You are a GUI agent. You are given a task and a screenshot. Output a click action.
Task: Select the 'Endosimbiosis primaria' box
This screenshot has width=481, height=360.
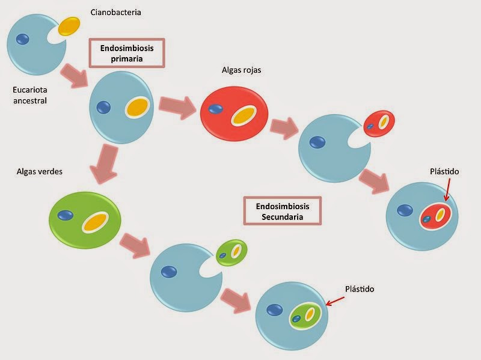pyautogui.click(x=126, y=53)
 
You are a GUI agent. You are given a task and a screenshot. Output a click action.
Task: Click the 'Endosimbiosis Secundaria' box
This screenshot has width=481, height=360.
pyautogui.click(x=283, y=211)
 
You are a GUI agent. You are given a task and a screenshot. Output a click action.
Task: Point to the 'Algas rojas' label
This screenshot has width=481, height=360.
pyautogui.click(x=241, y=70)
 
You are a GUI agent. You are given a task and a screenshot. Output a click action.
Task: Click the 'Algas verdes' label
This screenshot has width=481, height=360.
pyautogui.click(x=40, y=171)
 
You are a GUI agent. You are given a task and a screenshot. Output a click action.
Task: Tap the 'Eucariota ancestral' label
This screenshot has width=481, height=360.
pyautogui.click(x=30, y=96)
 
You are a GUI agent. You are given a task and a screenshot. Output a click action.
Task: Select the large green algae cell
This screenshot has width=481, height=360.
pyautogui.click(x=85, y=219)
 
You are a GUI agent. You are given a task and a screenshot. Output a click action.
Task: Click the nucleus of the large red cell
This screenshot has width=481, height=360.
pyautogui.click(x=215, y=109)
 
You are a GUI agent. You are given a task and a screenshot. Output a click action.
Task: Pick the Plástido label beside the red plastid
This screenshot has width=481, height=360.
pyautogui.click(x=444, y=171)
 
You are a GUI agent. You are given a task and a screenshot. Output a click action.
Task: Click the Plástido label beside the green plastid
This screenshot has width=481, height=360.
pyautogui.click(x=360, y=289)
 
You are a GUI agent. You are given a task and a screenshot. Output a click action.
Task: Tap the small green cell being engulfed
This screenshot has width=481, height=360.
pyautogui.click(x=231, y=252)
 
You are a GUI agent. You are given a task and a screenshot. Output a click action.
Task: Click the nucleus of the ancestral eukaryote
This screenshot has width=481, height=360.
pyautogui.click(x=22, y=39)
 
